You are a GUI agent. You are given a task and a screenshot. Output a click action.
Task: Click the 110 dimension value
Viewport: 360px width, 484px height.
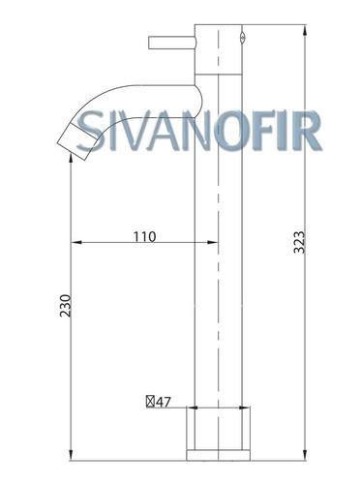point(144,237)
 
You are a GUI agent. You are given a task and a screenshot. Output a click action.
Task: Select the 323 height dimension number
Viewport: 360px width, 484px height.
point(299,242)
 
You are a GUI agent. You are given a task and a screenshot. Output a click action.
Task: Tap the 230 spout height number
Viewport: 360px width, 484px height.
point(66,306)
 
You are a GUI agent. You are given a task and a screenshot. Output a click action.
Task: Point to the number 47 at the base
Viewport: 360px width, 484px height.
point(164,402)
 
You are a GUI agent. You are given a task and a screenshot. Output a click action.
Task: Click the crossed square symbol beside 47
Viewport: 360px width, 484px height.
point(150,402)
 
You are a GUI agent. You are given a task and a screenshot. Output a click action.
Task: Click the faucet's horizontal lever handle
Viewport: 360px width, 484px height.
point(172,44)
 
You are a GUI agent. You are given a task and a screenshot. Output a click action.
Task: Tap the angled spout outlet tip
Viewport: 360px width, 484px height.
point(77,141)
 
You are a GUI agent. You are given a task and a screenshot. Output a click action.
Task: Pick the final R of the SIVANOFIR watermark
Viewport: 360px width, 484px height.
point(307,131)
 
